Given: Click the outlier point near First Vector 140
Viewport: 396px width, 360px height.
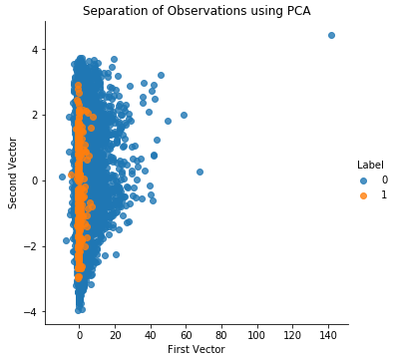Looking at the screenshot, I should tap(331, 35).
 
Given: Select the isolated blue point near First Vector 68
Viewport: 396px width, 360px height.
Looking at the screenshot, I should tap(199, 172).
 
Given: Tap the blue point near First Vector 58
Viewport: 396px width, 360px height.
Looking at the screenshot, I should tap(184, 115).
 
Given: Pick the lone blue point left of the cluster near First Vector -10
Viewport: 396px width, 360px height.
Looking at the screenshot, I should tap(62, 177).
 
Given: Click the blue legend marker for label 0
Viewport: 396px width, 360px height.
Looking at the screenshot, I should tap(363, 180).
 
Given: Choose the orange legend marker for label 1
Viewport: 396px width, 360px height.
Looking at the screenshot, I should tap(363, 195).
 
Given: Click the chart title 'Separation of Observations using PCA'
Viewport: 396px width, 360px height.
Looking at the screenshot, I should tap(196, 11).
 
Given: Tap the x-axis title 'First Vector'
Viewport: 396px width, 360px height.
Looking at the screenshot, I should tap(196, 349).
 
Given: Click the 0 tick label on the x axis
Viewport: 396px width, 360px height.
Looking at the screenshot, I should tap(80, 333).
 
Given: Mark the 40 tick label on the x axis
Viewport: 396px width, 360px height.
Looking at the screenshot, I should tap(151, 333).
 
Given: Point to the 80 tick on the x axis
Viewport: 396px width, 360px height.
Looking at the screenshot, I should tap(221, 333).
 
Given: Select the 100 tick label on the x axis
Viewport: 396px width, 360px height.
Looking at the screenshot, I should tap(257, 333).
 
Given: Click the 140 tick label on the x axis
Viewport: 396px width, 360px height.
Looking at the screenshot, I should tap(328, 333).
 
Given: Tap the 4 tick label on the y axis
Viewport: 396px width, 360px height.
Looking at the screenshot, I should tap(34, 49).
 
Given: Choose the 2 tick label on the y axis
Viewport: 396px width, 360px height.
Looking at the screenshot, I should tap(34, 115).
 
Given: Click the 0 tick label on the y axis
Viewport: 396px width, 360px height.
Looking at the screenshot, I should tap(34, 180).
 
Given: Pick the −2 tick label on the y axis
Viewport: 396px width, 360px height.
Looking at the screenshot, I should tap(31, 246).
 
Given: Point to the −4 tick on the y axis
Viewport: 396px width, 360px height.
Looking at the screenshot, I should tap(31, 312).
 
